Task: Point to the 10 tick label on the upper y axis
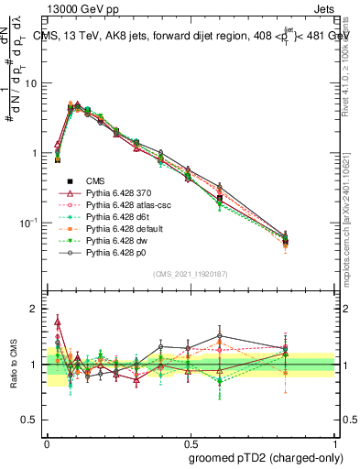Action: pos(34,83)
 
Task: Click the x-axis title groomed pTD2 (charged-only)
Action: pos(266,457)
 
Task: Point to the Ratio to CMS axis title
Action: pos(14,365)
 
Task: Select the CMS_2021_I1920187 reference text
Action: pos(191,275)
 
